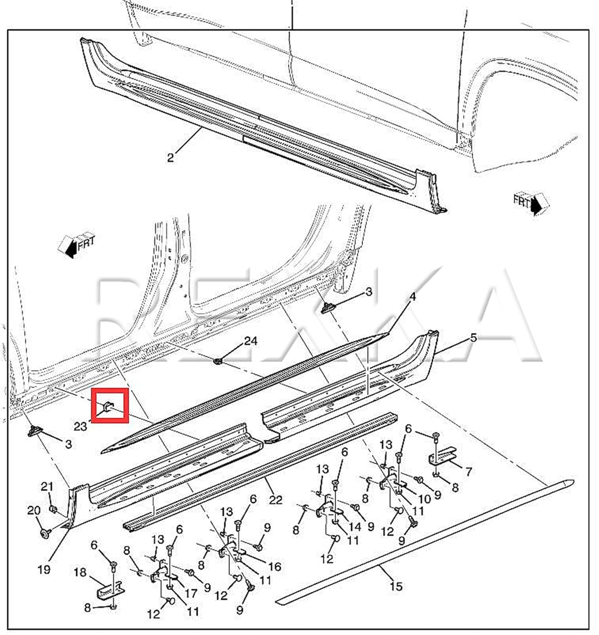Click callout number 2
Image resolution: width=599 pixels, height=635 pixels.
(x=170, y=158)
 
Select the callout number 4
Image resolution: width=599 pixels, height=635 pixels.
(x=412, y=297)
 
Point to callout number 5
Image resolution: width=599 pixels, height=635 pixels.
(x=473, y=338)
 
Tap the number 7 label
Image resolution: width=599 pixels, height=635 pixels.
(x=468, y=471)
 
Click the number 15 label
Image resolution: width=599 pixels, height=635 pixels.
(x=396, y=586)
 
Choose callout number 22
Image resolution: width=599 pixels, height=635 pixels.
(x=275, y=500)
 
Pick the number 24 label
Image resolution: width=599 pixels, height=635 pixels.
(x=250, y=341)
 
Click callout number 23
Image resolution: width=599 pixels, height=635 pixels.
(x=80, y=426)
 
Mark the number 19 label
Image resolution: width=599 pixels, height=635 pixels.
(x=44, y=569)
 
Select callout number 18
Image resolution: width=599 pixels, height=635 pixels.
(x=80, y=572)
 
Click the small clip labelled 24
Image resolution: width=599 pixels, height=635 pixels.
(x=219, y=361)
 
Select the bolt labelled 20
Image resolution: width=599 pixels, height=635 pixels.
(x=44, y=533)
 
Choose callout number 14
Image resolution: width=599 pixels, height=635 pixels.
(x=355, y=527)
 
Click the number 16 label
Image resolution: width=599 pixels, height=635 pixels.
(x=275, y=566)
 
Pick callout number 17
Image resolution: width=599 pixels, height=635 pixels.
(x=191, y=593)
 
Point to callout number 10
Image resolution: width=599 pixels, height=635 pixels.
(x=424, y=499)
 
